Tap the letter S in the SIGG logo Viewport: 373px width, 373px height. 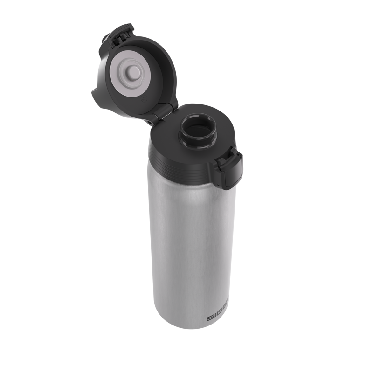coord(209,318)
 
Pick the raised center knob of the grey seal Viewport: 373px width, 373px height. coord(134,72)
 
